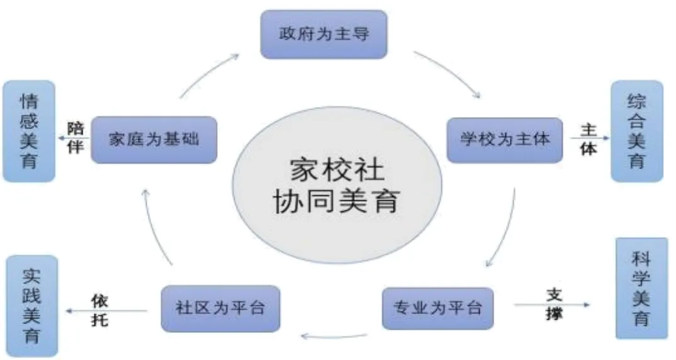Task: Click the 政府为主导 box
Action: (324, 34)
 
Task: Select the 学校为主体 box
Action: (504, 139)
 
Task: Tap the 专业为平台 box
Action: (437, 308)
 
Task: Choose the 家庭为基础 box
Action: (154, 139)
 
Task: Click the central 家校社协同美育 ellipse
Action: (337, 186)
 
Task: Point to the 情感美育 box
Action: (29, 131)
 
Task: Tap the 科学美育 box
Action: (641, 288)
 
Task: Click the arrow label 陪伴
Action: (76, 138)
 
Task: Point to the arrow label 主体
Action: (588, 140)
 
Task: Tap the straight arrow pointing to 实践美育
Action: (107, 310)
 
